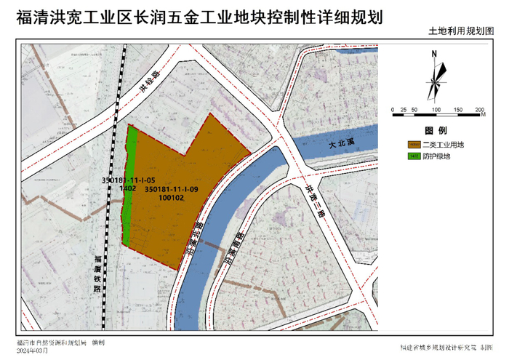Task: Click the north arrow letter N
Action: [x=433, y=54]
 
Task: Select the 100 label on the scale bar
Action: [x=436, y=109]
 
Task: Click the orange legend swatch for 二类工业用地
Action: [x=415, y=145]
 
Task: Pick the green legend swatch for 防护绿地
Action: [x=415, y=156]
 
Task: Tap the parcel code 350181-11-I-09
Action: [x=172, y=189]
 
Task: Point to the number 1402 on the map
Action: [x=128, y=188]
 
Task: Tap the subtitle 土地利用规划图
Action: [x=460, y=32]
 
